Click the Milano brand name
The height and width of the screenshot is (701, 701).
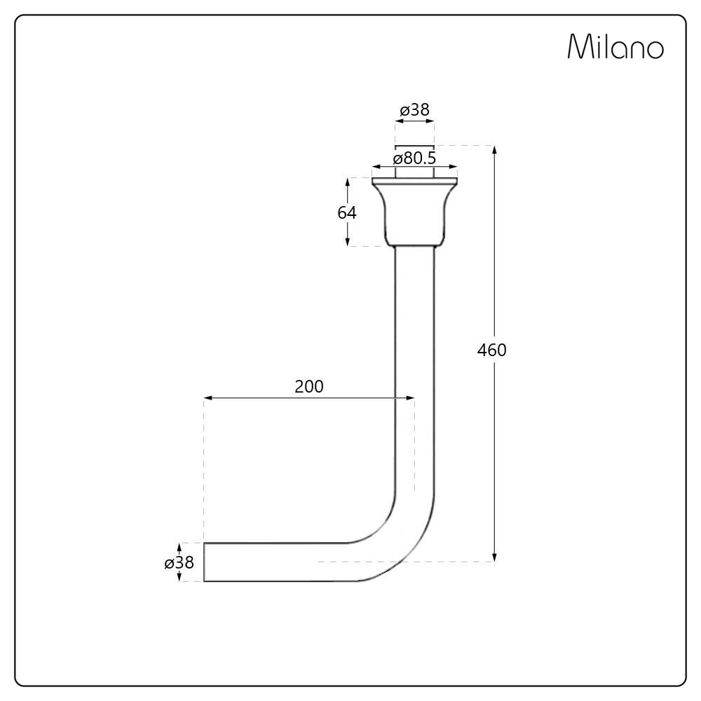tap(615, 46)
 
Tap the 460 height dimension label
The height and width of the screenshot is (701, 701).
tap(492, 350)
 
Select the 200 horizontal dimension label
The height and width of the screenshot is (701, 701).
tap(309, 386)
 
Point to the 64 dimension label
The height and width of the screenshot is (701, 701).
tap(347, 213)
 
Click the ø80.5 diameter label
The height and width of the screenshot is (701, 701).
tap(414, 158)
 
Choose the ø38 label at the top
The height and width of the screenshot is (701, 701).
tap(414, 109)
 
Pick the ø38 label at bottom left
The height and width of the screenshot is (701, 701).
tap(179, 562)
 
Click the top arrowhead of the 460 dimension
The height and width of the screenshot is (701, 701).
tap(494, 149)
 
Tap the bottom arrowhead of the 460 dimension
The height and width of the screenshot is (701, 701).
tap(494, 557)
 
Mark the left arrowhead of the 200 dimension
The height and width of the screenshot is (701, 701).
tap(208, 397)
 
